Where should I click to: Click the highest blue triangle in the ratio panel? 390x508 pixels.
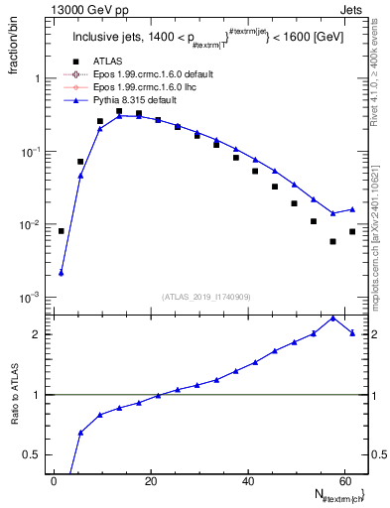[x=332, y=317]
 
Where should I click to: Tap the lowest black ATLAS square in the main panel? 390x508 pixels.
[x=332, y=241]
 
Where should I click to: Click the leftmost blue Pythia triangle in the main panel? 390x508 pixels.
[x=62, y=273]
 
